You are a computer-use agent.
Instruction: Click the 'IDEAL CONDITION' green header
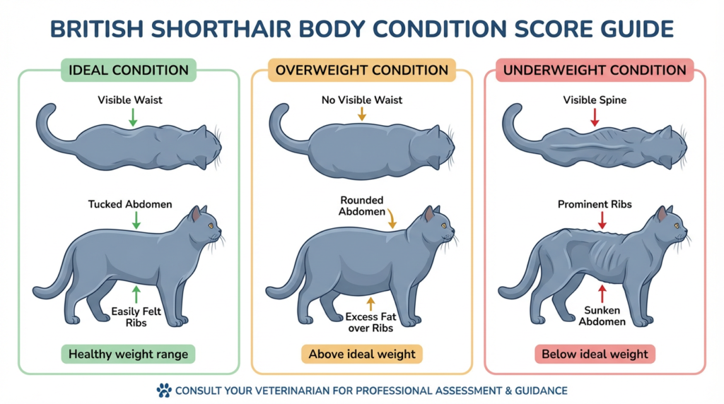click(x=128, y=70)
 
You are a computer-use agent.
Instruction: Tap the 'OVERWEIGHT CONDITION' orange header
click(x=361, y=70)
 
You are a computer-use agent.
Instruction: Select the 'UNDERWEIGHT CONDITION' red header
click(x=595, y=70)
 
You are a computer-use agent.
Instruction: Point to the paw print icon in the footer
click(x=163, y=390)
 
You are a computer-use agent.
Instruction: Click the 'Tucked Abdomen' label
click(x=130, y=204)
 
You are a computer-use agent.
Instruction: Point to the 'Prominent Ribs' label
click(x=595, y=204)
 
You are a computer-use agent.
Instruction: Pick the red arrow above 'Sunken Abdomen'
click(x=602, y=291)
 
